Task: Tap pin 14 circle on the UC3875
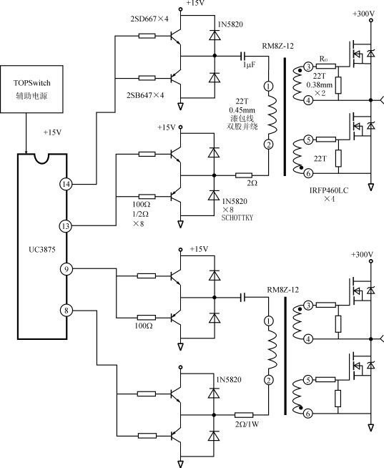(x=66, y=184)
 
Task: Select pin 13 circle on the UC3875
(x=66, y=226)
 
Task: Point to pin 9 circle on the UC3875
(x=67, y=269)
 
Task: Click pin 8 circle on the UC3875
(x=67, y=311)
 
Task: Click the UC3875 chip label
(x=42, y=250)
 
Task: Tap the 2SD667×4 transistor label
(x=149, y=19)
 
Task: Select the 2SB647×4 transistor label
(x=145, y=95)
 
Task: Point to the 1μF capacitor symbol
(x=243, y=56)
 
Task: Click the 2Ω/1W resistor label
(x=247, y=424)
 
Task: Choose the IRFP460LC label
(x=329, y=190)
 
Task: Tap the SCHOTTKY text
(x=237, y=218)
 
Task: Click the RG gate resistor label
(x=324, y=59)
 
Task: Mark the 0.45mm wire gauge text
(x=242, y=109)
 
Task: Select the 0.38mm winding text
(x=319, y=84)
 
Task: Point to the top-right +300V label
(x=363, y=14)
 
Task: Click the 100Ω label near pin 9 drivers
(x=144, y=326)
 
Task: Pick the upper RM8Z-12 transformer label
(x=277, y=46)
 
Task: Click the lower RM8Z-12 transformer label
(x=283, y=290)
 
